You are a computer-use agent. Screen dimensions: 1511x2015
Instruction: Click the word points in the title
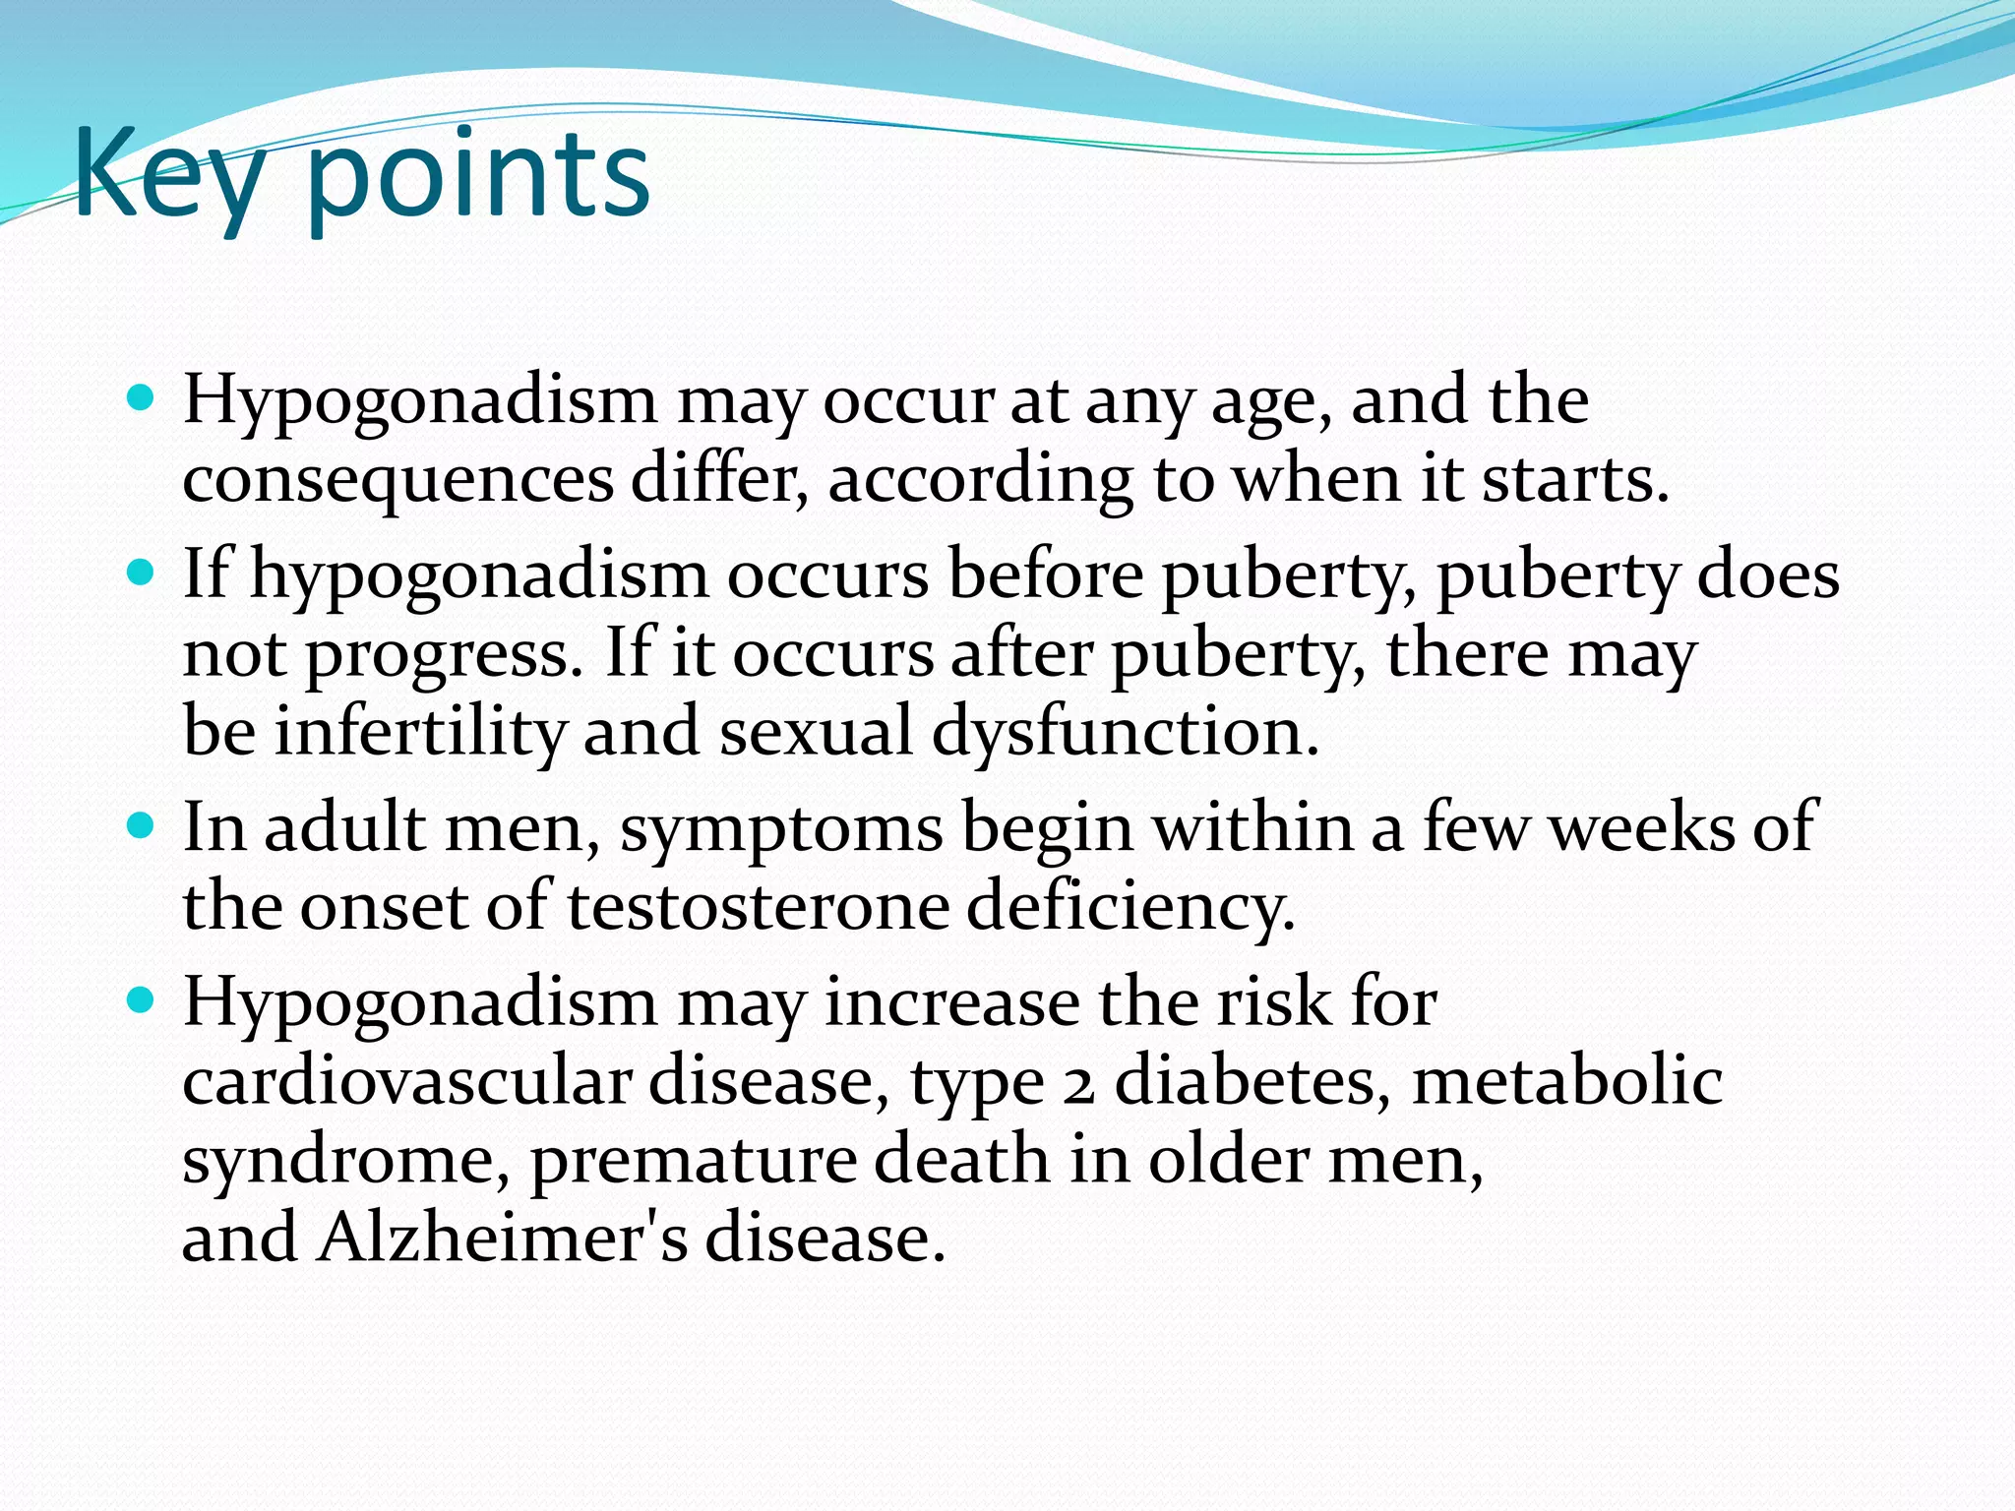pyautogui.click(x=477, y=177)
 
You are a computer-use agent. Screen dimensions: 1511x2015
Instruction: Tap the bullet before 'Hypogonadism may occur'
pyautogui.click(x=142, y=397)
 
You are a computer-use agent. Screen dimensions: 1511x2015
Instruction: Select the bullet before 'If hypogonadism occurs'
pyautogui.click(x=142, y=572)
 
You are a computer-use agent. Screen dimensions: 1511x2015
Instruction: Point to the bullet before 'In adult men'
pyautogui.click(x=142, y=824)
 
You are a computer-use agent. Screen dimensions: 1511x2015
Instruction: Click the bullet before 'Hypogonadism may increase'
pyautogui.click(x=142, y=999)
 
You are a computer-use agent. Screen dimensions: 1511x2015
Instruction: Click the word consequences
pyautogui.click(x=397, y=480)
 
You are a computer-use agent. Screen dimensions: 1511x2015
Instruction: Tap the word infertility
pyautogui.click(x=420, y=732)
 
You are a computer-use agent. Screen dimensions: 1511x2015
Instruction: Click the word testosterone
pyautogui.click(x=758, y=906)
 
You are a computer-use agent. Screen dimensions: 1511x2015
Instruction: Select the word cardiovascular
pyautogui.click(x=406, y=1081)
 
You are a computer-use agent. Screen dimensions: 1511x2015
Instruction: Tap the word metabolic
pyautogui.click(x=1566, y=1081)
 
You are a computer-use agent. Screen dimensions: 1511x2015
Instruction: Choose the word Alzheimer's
pyautogui.click(x=502, y=1237)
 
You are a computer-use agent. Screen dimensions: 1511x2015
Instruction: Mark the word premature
pyautogui.click(x=693, y=1161)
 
